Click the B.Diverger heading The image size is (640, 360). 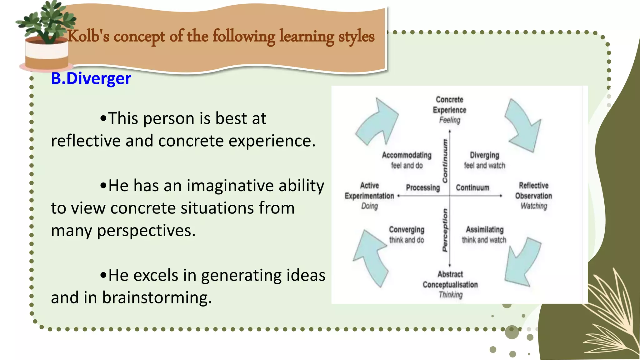[x=91, y=78]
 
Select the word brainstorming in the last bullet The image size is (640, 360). [x=157, y=297]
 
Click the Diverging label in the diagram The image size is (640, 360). [x=484, y=155]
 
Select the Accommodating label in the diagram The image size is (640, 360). [x=407, y=155]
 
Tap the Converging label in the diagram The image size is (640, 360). [x=407, y=230]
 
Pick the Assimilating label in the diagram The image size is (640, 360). [x=485, y=230]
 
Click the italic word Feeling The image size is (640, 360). [x=450, y=120]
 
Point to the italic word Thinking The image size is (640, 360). [x=451, y=295]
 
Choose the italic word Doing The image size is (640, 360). [x=369, y=206]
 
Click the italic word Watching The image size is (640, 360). [x=534, y=206]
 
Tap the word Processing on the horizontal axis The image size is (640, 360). [x=423, y=188]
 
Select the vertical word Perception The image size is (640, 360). [x=445, y=230]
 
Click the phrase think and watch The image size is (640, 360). [x=484, y=240]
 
